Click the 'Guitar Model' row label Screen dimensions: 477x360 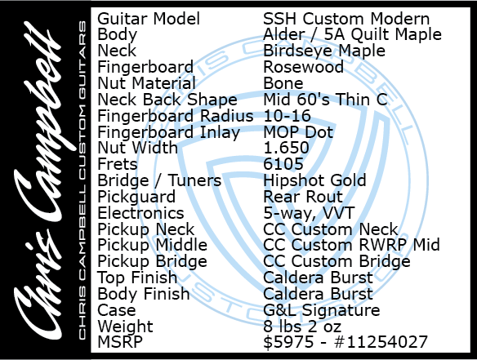pos(149,19)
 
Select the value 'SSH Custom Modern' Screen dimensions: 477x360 pos(346,19)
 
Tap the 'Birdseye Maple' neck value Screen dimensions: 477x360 pos(324,51)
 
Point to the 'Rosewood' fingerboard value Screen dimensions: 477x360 pos(303,67)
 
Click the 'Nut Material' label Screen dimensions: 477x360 pos(146,83)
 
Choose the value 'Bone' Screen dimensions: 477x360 pos(283,83)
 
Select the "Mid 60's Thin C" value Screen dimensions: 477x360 pos(325,100)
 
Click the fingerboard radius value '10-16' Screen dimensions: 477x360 pos(287,116)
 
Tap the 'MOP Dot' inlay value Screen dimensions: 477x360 pos(298,132)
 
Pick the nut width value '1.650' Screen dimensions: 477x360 pos(286,148)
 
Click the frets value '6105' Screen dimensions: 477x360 pos(283,164)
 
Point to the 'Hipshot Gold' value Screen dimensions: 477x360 pos(314,181)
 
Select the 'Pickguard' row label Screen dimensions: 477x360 pos(136,198)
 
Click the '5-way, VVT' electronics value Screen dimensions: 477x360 pos(309,213)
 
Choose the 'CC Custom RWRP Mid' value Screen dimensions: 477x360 pos(351,245)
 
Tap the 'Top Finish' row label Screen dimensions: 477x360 pos(137,278)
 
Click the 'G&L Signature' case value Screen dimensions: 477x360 pos(322,310)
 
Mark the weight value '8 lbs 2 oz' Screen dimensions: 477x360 pos(302,327)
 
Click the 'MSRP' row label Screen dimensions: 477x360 pos(120,342)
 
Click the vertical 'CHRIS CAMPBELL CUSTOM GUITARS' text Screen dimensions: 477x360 pos(82,180)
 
